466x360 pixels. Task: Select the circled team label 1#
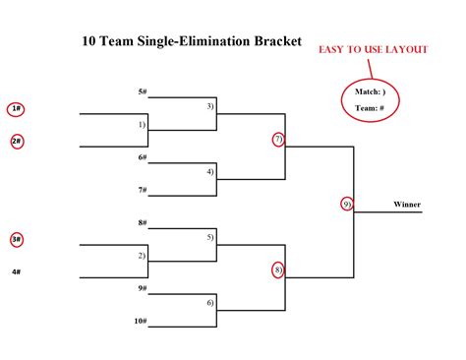pyautogui.click(x=17, y=108)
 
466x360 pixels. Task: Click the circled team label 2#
pyautogui.click(x=17, y=141)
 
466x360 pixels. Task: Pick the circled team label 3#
pyautogui.click(x=17, y=239)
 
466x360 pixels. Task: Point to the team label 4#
pyautogui.click(x=17, y=270)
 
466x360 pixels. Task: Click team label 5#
pyautogui.click(x=143, y=91)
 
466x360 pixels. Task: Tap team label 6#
pyautogui.click(x=143, y=156)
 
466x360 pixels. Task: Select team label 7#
pyautogui.click(x=143, y=189)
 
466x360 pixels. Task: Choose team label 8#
pyautogui.click(x=143, y=222)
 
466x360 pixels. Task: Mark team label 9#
pyautogui.click(x=143, y=287)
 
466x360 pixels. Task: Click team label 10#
pyautogui.click(x=141, y=320)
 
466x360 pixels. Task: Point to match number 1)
pyautogui.click(x=142, y=125)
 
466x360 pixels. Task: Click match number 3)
pyautogui.click(x=209, y=105)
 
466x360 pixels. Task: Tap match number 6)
pyautogui.click(x=209, y=302)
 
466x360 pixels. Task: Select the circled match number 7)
pyautogui.click(x=278, y=140)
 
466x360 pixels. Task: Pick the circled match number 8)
pyautogui.click(x=278, y=270)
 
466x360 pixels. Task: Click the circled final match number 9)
pyautogui.click(x=347, y=204)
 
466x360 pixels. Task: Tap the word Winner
pyautogui.click(x=407, y=205)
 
